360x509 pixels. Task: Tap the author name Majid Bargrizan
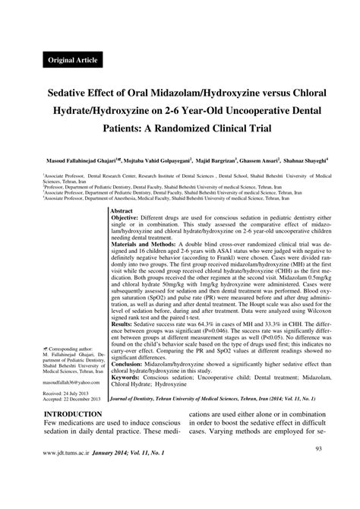(x=210, y=162)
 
